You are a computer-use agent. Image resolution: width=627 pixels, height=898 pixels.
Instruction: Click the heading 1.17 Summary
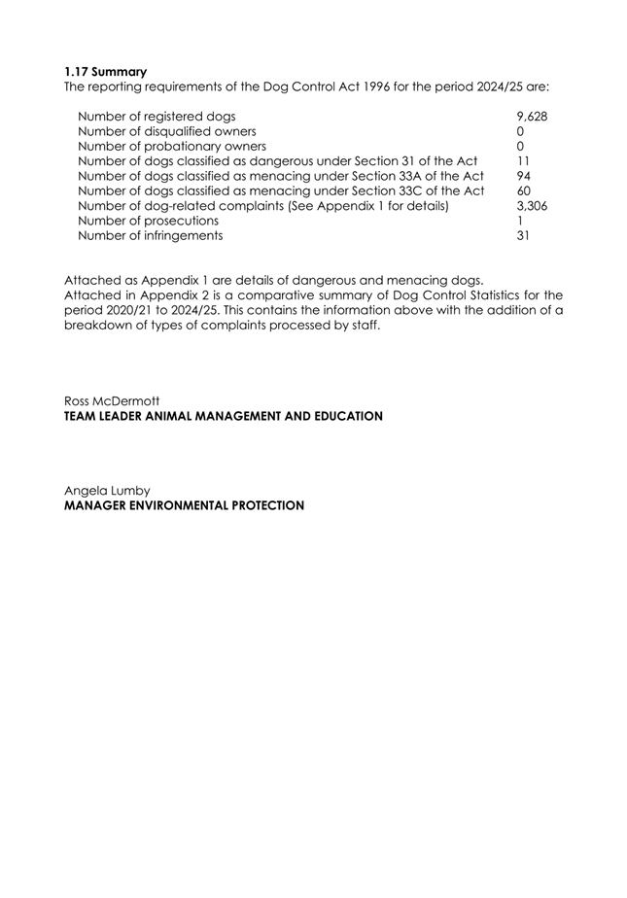tap(106, 71)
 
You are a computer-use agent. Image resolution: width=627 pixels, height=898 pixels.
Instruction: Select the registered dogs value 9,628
tap(532, 117)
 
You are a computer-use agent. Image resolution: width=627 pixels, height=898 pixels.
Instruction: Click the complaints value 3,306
tap(532, 206)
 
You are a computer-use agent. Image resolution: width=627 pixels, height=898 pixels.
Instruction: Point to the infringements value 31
tap(523, 235)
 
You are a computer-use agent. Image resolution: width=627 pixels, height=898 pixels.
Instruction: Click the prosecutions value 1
tap(520, 221)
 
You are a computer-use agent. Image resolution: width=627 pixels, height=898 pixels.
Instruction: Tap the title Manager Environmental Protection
tap(184, 505)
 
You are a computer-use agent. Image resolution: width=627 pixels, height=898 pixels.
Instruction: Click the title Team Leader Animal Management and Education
tap(223, 416)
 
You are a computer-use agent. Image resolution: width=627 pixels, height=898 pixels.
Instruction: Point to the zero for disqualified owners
tap(520, 131)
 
